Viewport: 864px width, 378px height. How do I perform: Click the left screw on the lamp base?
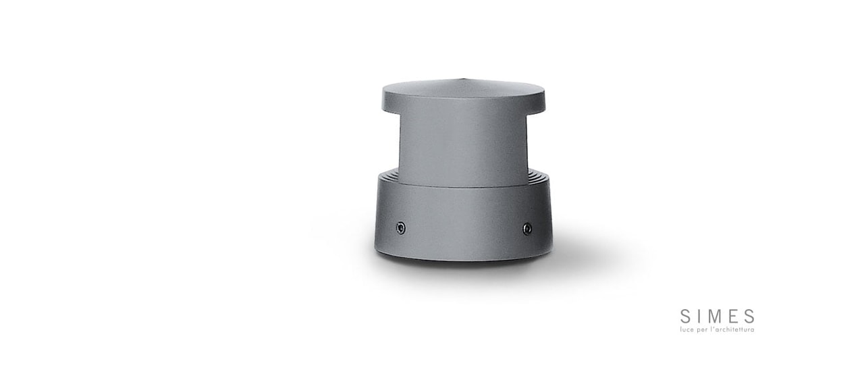click(401, 228)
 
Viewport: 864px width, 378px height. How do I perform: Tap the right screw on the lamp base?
click(527, 229)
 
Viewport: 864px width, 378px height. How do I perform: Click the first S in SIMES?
click(685, 317)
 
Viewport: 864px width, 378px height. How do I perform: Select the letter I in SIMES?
click(699, 317)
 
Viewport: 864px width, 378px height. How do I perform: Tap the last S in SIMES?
click(749, 317)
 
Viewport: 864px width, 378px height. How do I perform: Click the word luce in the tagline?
click(687, 330)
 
